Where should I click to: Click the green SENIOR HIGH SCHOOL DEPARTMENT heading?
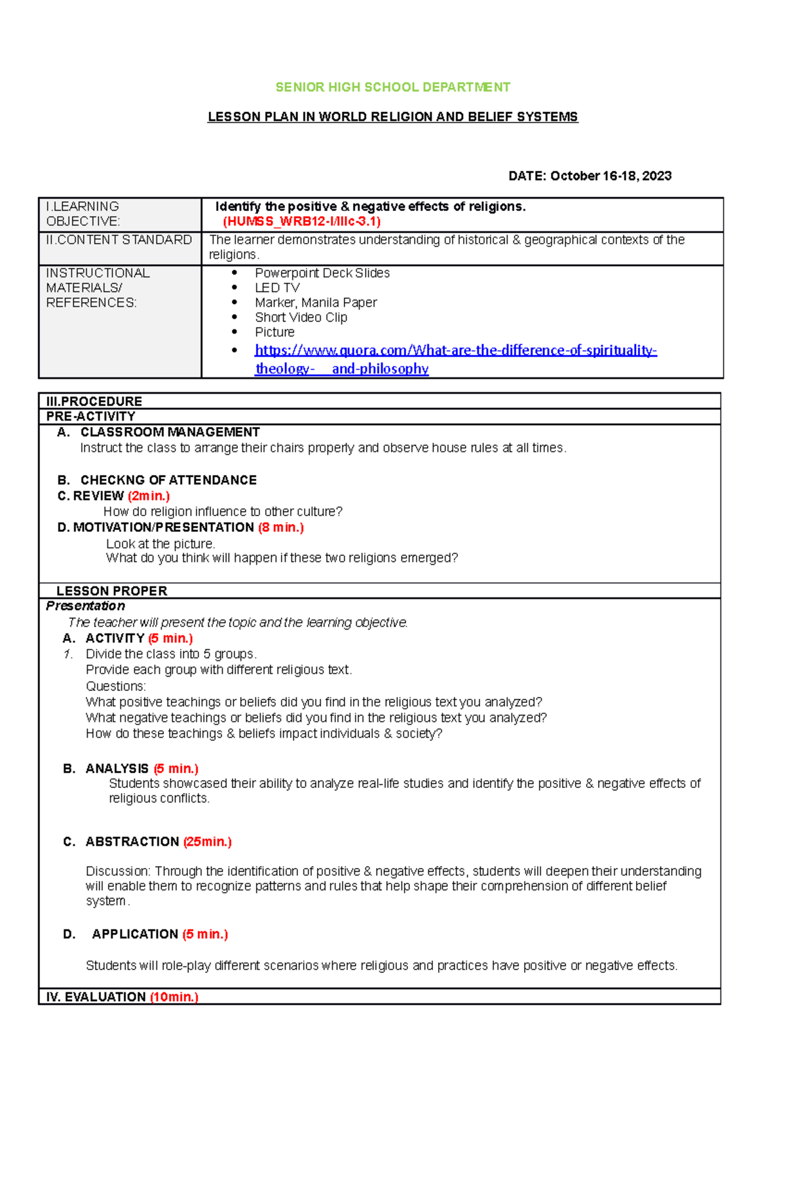pyautogui.click(x=392, y=87)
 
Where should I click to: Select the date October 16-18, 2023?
pyautogui.click(x=610, y=176)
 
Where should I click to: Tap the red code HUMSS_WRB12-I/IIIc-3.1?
pyautogui.click(x=302, y=221)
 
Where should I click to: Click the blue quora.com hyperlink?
pyautogui.click(x=455, y=350)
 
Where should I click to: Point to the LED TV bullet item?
pyautogui.click(x=277, y=288)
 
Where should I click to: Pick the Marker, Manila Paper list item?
pyautogui.click(x=316, y=303)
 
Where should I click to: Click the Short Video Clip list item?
pyautogui.click(x=301, y=318)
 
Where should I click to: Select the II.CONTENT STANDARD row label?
pyautogui.click(x=119, y=240)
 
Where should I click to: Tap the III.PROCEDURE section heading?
pyautogui.click(x=94, y=401)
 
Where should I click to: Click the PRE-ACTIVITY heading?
pyautogui.click(x=91, y=417)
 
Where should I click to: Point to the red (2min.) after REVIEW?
pyautogui.click(x=149, y=496)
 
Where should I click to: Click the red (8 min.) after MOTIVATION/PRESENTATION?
pyautogui.click(x=281, y=527)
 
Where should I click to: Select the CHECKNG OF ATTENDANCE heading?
pyautogui.click(x=168, y=480)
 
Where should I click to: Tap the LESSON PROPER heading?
pyautogui.click(x=112, y=591)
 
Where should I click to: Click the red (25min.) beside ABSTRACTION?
pyautogui.click(x=207, y=842)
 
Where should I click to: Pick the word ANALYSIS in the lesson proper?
pyautogui.click(x=117, y=768)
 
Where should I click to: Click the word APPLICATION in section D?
pyautogui.click(x=135, y=934)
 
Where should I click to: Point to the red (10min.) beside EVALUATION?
pyautogui.click(x=174, y=997)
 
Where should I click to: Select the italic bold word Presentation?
pyautogui.click(x=85, y=606)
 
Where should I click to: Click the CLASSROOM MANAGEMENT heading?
pyautogui.click(x=170, y=432)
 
